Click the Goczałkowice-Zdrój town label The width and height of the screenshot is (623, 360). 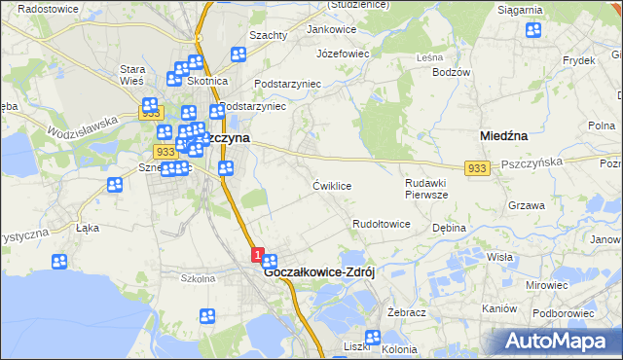[320, 273]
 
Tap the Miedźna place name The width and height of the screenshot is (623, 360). [504, 137]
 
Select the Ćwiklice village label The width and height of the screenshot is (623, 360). [332, 185]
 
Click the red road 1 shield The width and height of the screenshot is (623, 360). [257, 255]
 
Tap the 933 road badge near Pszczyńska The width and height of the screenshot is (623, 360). [476, 168]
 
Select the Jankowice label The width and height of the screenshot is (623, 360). [331, 29]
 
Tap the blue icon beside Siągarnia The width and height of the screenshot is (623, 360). [533, 30]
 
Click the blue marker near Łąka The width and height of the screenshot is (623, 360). [60, 262]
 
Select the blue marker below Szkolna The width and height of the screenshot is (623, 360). [207, 315]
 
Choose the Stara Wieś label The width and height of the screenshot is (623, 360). [131, 75]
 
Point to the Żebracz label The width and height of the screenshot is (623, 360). [408, 312]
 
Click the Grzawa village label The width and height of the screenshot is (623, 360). [526, 206]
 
